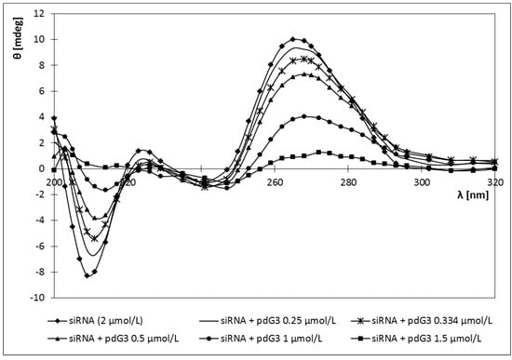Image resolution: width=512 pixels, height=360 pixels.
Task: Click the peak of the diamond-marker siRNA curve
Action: coord(293,39)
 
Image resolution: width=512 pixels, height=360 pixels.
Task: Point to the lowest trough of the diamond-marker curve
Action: coord(88,276)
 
